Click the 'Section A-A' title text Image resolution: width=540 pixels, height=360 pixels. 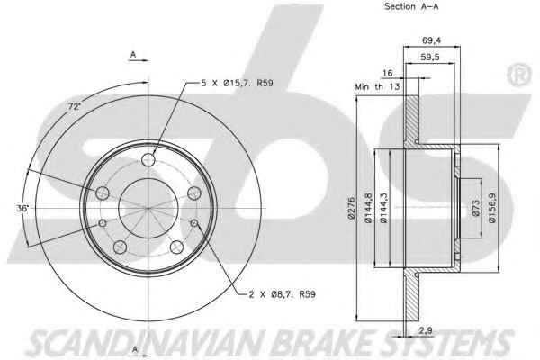click(411, 6)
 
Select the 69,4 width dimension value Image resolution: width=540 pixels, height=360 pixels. click(431, 40)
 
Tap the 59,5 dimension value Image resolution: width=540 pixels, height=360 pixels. click(430, 58)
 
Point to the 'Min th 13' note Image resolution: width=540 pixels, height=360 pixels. click(377, 86)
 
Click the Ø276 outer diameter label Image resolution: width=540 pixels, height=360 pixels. click(351, 208)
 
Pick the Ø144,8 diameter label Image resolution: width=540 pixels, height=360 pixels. click(368, 208)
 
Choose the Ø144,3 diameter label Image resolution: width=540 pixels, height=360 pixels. click(383, 208)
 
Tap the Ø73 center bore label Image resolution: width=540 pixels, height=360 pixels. click(476, 208)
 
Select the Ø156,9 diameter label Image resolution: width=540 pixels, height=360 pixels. click(492, 208)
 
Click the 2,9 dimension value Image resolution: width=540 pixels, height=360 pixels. click(426, 330)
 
